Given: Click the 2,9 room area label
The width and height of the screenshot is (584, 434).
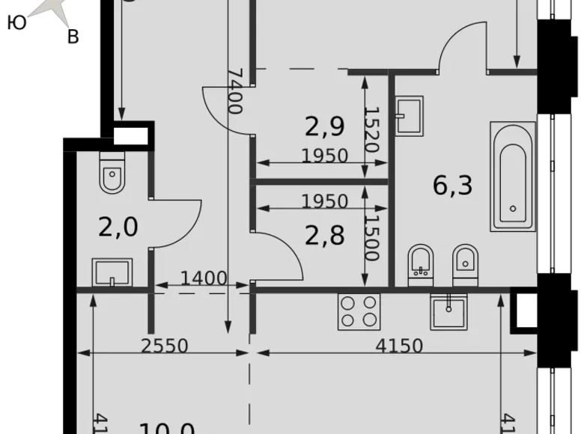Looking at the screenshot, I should (x=324, y=126).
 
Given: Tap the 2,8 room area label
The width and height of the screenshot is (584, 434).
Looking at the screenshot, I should (x=324, y=236).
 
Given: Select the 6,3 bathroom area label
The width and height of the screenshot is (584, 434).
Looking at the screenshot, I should (x=453, y=184).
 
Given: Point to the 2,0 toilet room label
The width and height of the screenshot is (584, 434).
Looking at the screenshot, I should (x=118, y=226).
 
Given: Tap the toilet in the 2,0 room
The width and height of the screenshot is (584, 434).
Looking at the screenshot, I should (x=112, y=175).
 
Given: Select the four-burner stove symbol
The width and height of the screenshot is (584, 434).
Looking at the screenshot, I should (x=357, y=311).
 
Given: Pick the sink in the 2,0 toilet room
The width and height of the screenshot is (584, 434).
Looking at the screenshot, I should (x=112, y=272).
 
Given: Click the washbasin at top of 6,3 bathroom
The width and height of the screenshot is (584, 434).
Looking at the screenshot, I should (x=409, y=115).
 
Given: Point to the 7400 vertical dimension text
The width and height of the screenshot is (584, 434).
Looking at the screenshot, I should (x=234, y=90).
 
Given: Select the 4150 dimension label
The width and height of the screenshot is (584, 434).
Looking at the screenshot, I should (x=398, y=346).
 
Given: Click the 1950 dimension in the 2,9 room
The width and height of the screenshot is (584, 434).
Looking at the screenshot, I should (x=324, y=156).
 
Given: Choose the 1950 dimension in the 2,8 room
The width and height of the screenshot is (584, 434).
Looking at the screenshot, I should (x=324, y=201).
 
